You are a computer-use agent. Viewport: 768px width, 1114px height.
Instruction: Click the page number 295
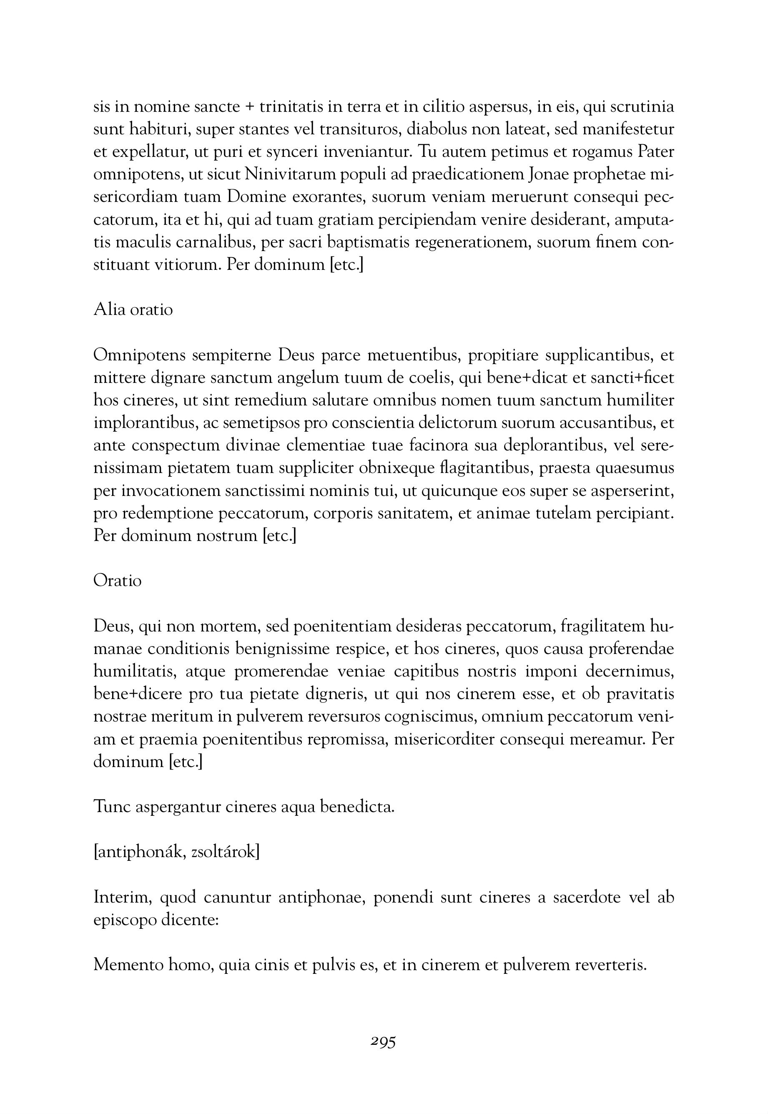(x=383, y=1042)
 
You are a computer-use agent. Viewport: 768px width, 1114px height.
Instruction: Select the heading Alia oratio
(x=133, y=309)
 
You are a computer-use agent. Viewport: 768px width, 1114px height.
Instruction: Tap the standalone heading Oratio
(x=118, y=581)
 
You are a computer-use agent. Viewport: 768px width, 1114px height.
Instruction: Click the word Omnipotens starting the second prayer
(x=140, y=355)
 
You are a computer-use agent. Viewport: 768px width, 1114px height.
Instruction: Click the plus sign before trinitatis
(x=250, y=107)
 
